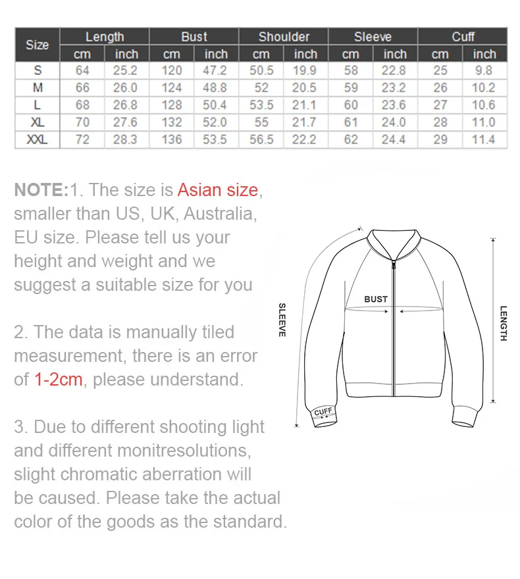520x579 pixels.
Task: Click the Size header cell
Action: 37,45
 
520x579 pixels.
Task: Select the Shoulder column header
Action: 283,37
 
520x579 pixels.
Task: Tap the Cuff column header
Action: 463,37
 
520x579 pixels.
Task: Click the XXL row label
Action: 37,139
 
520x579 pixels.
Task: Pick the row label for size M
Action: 37,88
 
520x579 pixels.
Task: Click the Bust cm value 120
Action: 171,70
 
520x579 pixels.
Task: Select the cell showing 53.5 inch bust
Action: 215,139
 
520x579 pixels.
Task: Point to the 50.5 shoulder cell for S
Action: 261,70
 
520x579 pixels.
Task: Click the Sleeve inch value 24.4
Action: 394,139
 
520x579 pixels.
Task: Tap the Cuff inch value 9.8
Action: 484,70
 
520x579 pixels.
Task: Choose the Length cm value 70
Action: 82,122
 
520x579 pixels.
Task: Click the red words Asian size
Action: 218,190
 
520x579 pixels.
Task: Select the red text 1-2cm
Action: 58,380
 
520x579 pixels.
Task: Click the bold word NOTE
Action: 40,190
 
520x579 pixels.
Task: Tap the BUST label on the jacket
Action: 376,299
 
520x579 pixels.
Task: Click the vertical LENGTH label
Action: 503,323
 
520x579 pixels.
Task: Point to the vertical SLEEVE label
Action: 282,320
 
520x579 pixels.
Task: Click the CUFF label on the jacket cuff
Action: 323,412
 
